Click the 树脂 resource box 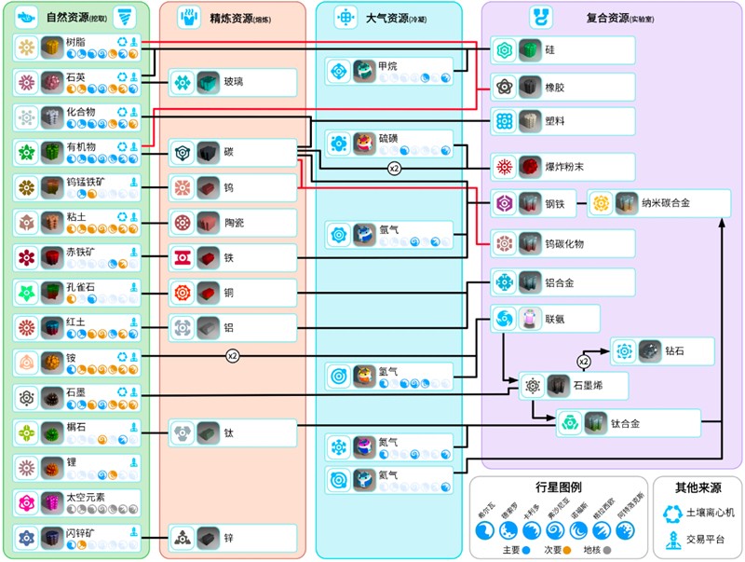click(x=77, y=48)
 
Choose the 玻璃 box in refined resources click(x=233, y=83)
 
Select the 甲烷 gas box click(x=388, y=71)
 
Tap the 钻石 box click(x=662, y=351)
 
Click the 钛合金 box click(x=628, y=423)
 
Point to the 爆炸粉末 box click(x=563, y=167)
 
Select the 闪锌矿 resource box click(x=77, y=538)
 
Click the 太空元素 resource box click(x=77, y=502)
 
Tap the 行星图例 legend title click(x=558, y=487)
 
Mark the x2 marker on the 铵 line click(x=233, y=355)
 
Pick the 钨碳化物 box click(x=563, y=243)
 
